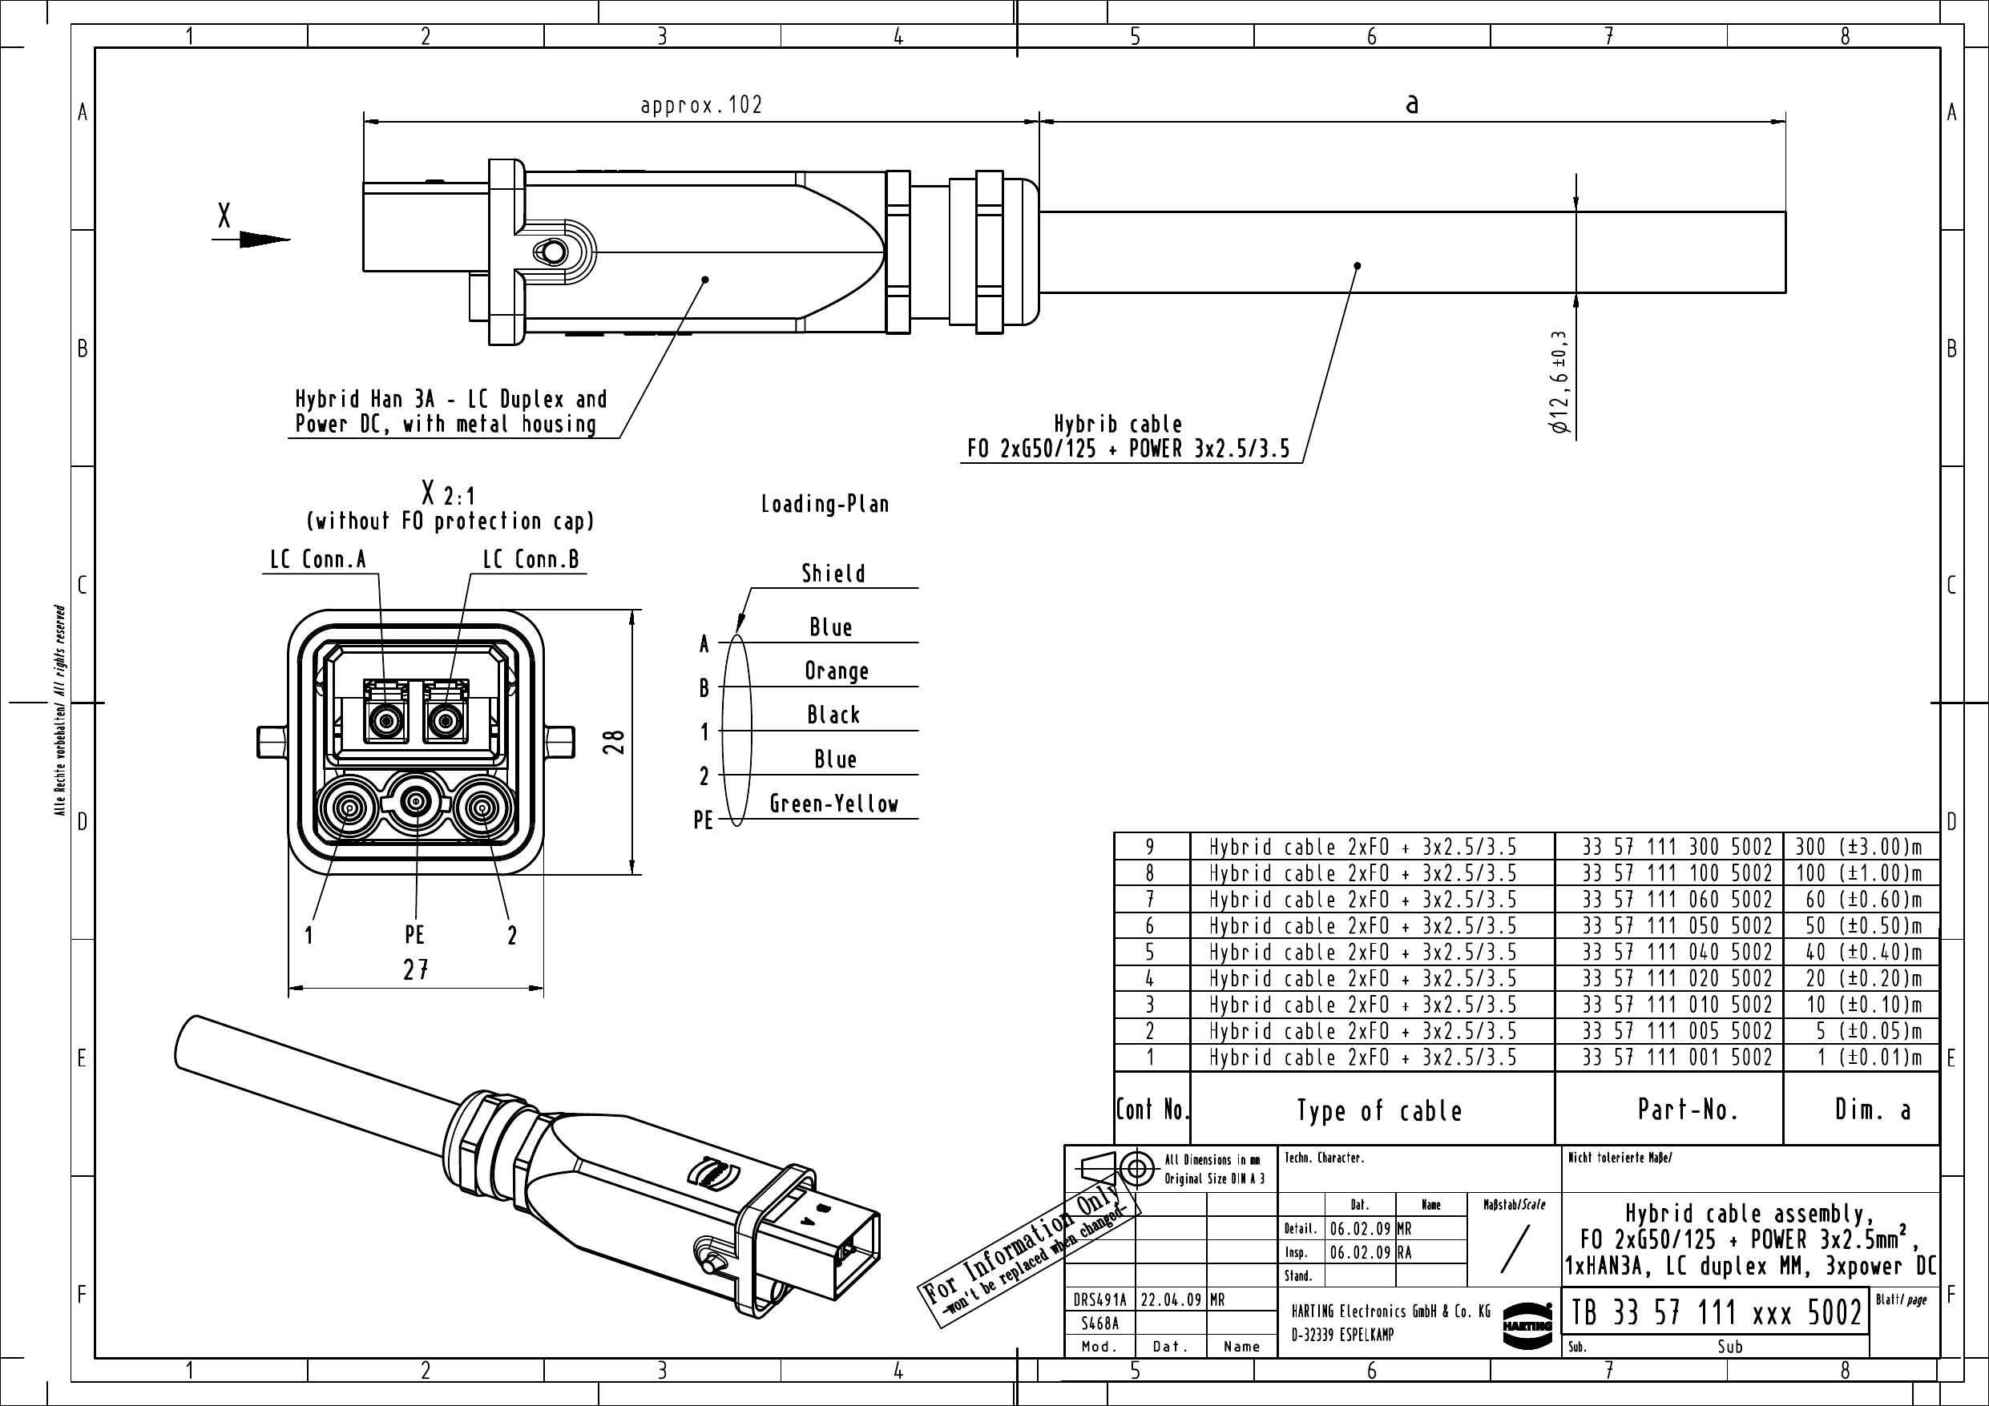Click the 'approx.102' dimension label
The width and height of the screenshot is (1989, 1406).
701,105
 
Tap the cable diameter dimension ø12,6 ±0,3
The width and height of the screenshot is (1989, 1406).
1561,383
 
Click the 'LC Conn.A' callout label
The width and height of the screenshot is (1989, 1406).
318,560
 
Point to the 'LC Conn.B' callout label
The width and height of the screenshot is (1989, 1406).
531,560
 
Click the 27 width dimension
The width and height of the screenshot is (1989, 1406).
416,969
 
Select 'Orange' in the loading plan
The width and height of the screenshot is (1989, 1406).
836,671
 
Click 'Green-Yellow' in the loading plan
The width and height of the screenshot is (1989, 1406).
834,804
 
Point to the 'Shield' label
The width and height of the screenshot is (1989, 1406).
833,574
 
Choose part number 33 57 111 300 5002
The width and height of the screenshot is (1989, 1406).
1677,846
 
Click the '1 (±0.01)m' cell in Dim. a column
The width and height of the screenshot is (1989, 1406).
1870,1058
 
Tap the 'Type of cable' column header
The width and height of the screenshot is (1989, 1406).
1379,1110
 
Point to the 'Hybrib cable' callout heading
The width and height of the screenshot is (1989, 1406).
1118,425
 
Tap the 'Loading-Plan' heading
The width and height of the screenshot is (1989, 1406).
825,504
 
